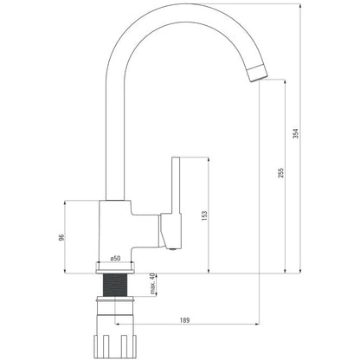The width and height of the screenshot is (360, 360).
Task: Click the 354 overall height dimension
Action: point(296,133)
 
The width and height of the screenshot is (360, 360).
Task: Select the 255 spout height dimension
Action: point(281,172)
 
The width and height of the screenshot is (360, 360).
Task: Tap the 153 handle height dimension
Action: point(204,215)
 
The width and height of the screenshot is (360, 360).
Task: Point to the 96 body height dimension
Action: point(61,237)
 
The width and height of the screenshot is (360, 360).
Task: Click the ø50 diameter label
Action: point(115,259)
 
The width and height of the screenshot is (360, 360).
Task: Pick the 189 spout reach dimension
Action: point(184,320)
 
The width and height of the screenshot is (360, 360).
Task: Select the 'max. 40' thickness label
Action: point(152,284)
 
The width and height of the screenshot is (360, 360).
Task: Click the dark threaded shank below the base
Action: point(115,285)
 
